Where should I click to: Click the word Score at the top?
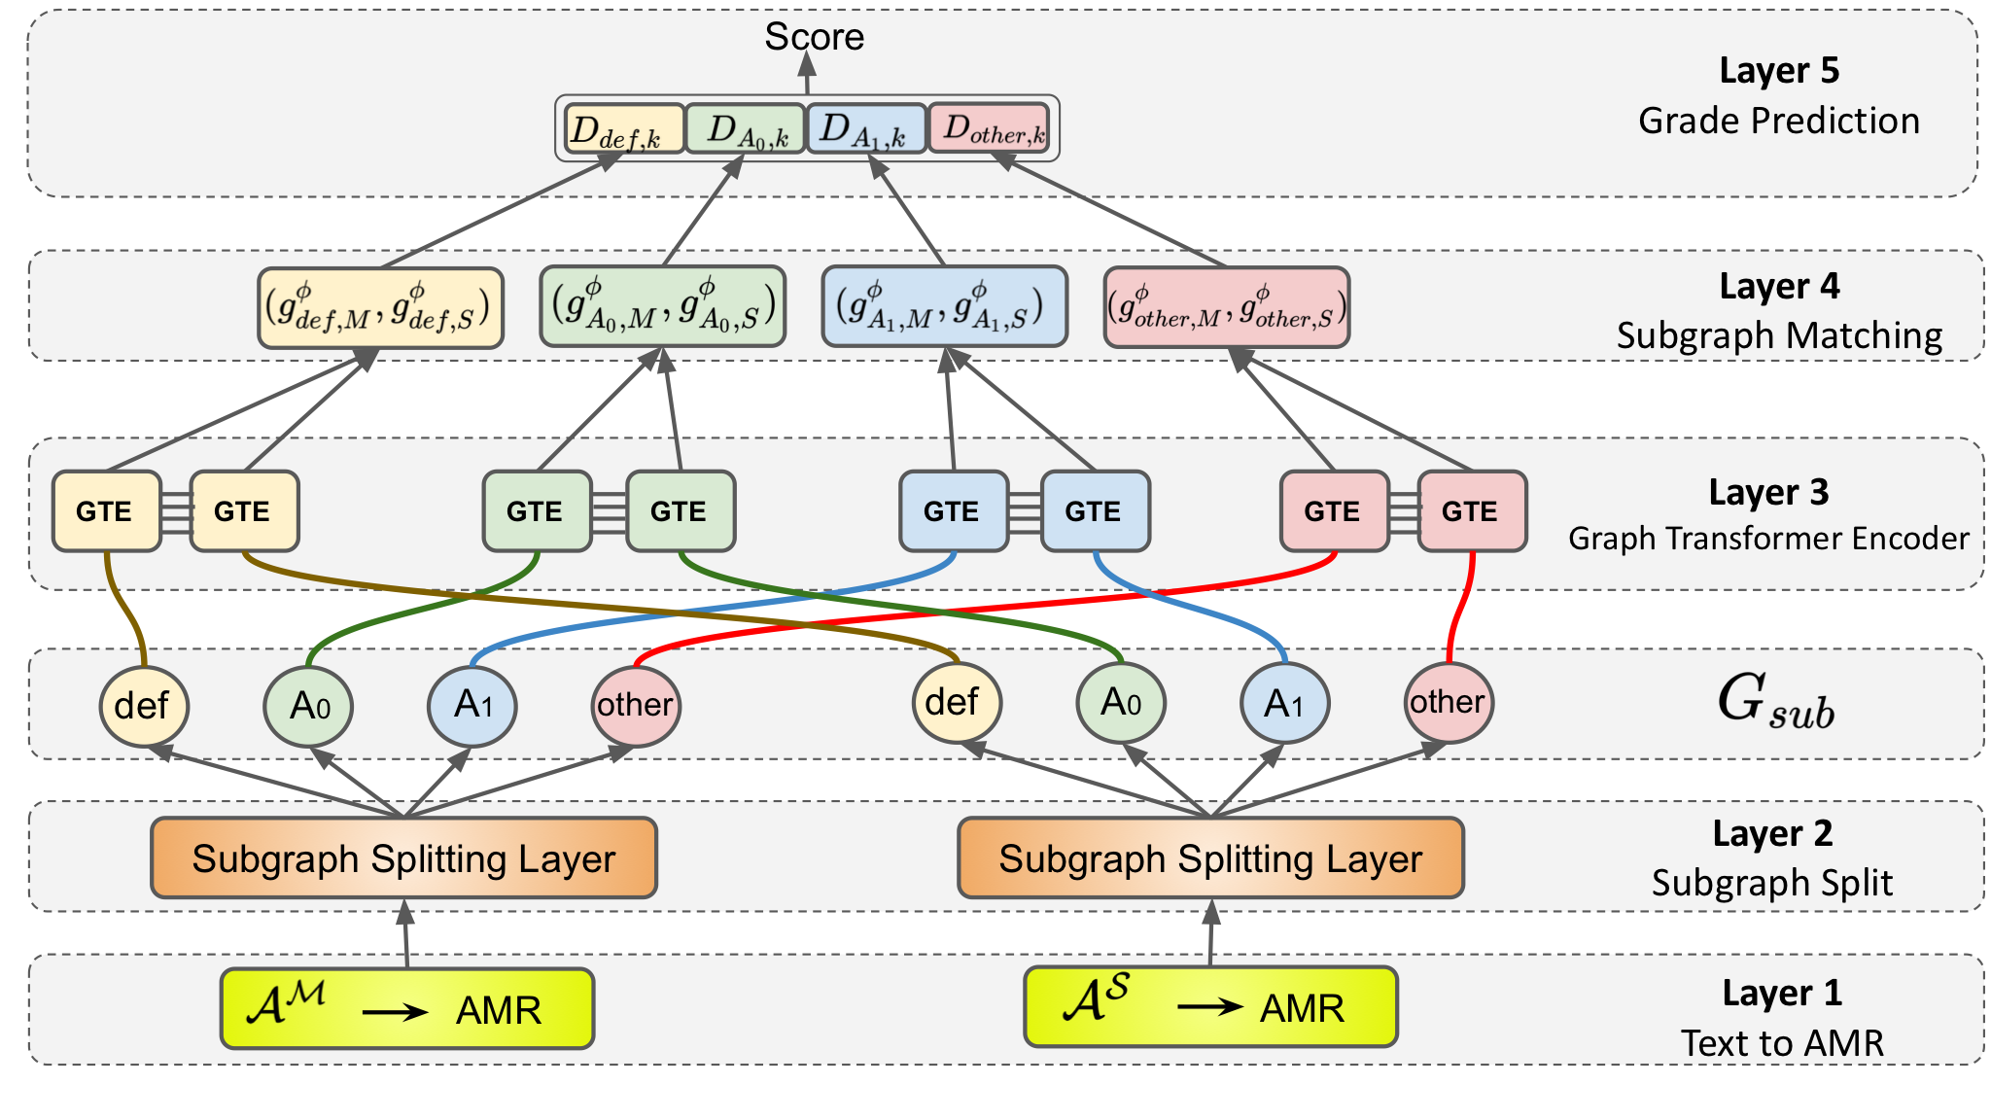pos(814,37)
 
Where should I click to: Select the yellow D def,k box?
pos(624,129)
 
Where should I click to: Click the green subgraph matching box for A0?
pos(663,306)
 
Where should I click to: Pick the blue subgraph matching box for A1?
pos(944,306)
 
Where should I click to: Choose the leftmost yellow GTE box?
pos(106,511)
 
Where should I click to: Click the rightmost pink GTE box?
pos(1471,511)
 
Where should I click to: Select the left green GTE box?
pos(537,511)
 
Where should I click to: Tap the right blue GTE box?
pos(1095,511)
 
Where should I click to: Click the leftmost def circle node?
pos(143,706)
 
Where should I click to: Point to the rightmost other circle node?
pos(1448,702)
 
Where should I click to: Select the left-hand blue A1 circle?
pos(472,705)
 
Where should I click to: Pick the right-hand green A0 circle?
pos(1120,702)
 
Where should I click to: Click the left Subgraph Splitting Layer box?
pos(403,857)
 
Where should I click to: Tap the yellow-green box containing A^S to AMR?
pos(1210,1007)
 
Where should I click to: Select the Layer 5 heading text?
pos(1779,71)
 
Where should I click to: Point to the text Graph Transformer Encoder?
pos(1767,539)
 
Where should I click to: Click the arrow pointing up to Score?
pos(807,74)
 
